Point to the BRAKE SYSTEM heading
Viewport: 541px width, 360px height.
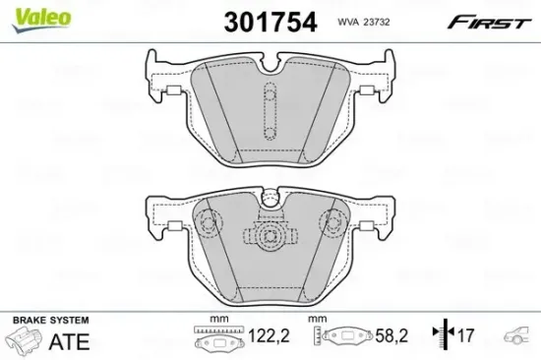pos(49,322)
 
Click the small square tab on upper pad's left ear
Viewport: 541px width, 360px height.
pos(169,92)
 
